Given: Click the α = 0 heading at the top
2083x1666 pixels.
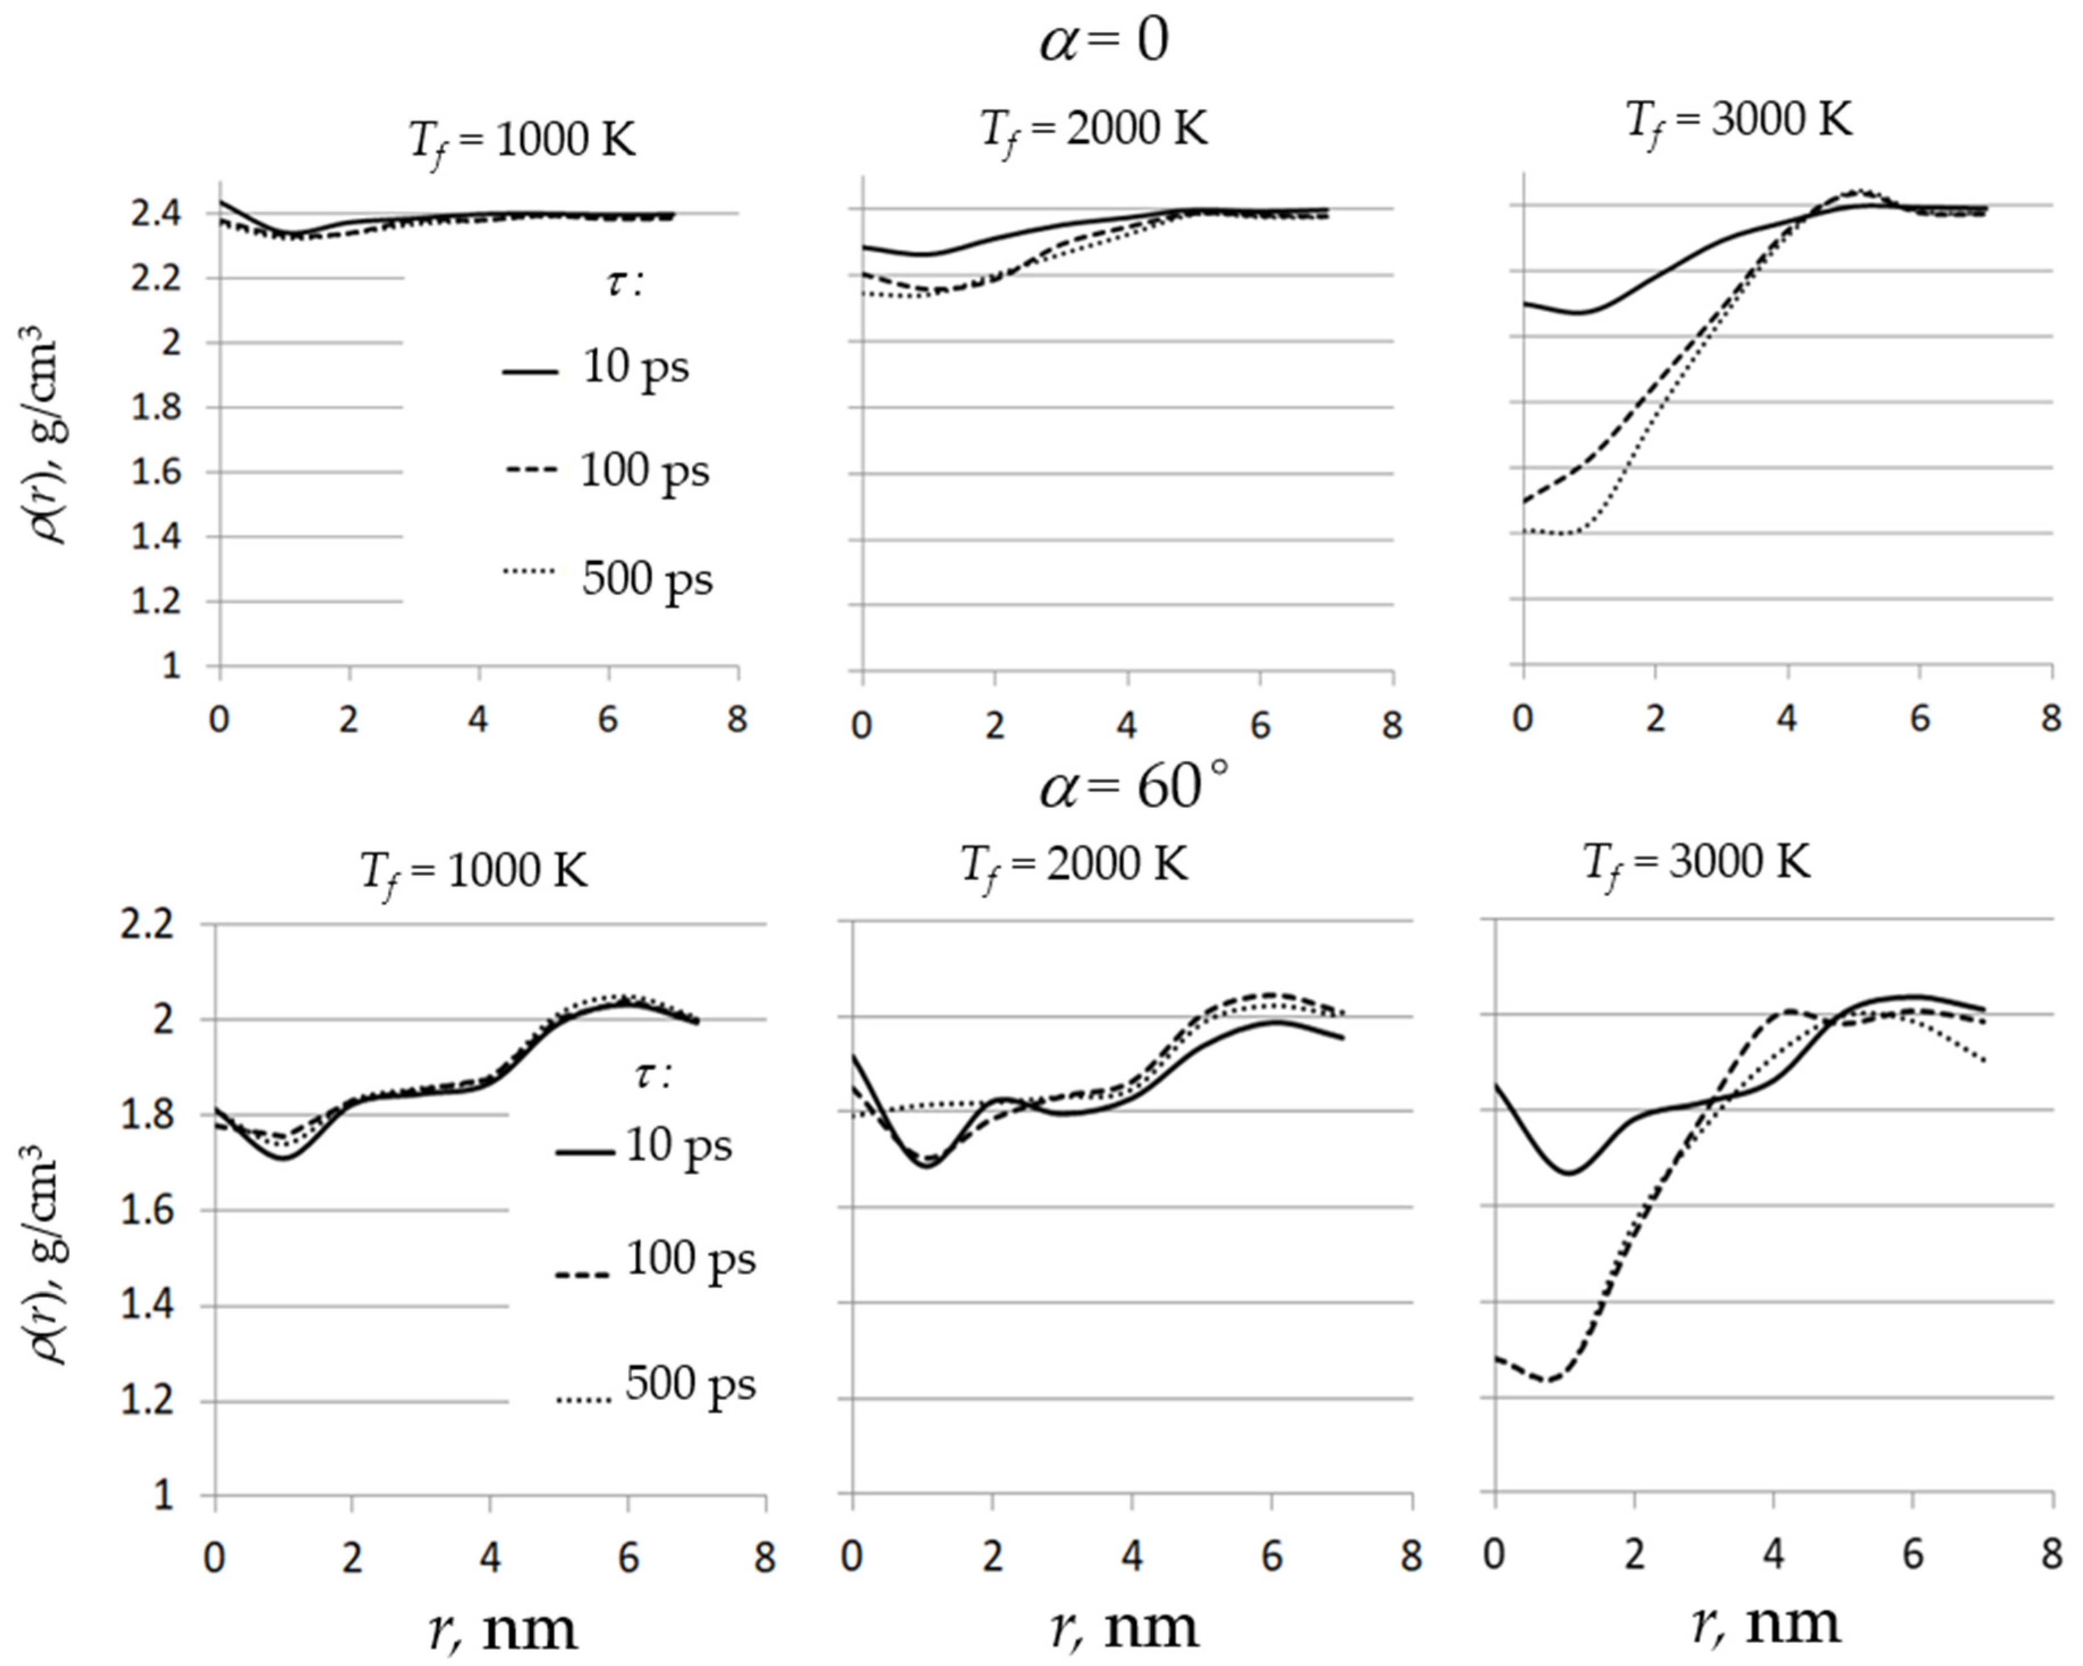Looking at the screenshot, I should [1104, 41].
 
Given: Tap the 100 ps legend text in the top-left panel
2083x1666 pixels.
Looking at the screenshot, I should [644, 471].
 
